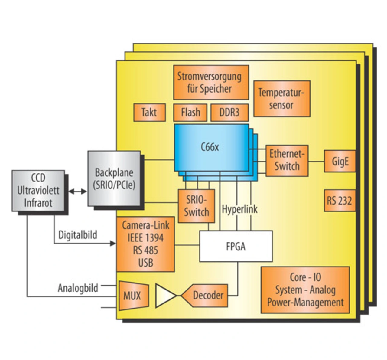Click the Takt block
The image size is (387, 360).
point(149,113)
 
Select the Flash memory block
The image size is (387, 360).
point(190,113)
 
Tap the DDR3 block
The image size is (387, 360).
point(229,113)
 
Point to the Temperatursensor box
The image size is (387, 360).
point(281,99)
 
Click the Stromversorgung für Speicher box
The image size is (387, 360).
point(211,82)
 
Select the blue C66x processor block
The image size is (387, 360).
point(211,148)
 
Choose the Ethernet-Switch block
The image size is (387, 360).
point(287,160)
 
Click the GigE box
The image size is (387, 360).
point(340,161)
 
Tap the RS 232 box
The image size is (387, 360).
point(339,201)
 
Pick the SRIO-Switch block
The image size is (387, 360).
point(196,206)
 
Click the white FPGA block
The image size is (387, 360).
point(236,246)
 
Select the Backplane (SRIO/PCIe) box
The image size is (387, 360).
point(114,178)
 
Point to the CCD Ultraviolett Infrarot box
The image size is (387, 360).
point(38,191)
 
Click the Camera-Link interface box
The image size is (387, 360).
point(145,244)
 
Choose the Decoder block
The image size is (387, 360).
point(207,296)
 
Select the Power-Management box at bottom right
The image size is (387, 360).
point(305,290)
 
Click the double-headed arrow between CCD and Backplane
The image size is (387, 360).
point(78,191)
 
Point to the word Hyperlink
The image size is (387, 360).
point(239,209)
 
